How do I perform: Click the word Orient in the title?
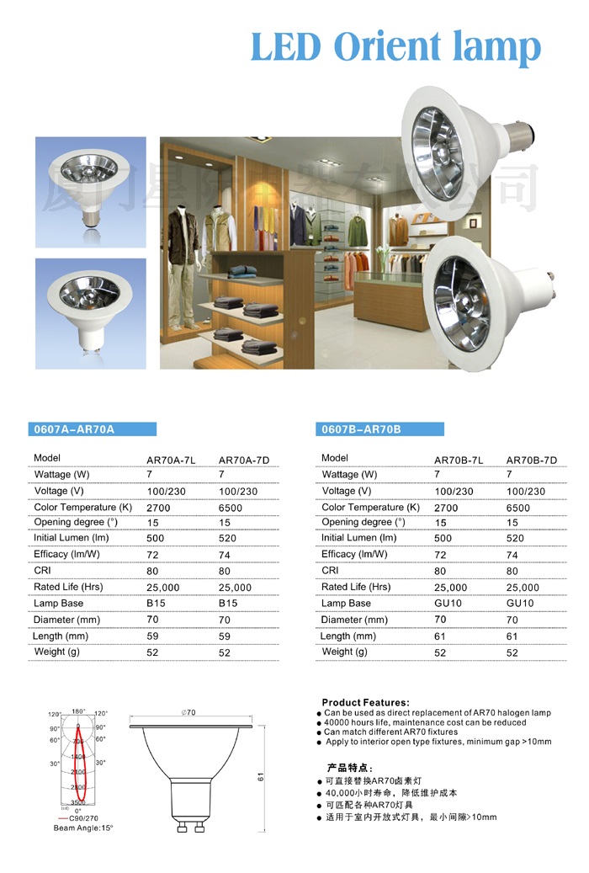(399, 46)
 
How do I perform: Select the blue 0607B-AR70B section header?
(361, 429)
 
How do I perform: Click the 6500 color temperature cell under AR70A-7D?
(231, 508)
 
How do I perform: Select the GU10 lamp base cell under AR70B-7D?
(520, 604)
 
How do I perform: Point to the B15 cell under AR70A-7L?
(156, 604)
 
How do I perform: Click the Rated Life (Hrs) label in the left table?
(68, 587)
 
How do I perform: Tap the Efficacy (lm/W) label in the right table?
(354, 554)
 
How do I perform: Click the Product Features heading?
(365, 702)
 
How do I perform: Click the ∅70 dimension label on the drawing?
(188, 713)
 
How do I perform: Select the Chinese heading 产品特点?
(349, 768)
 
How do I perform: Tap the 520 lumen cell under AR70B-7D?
(515, 538)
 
